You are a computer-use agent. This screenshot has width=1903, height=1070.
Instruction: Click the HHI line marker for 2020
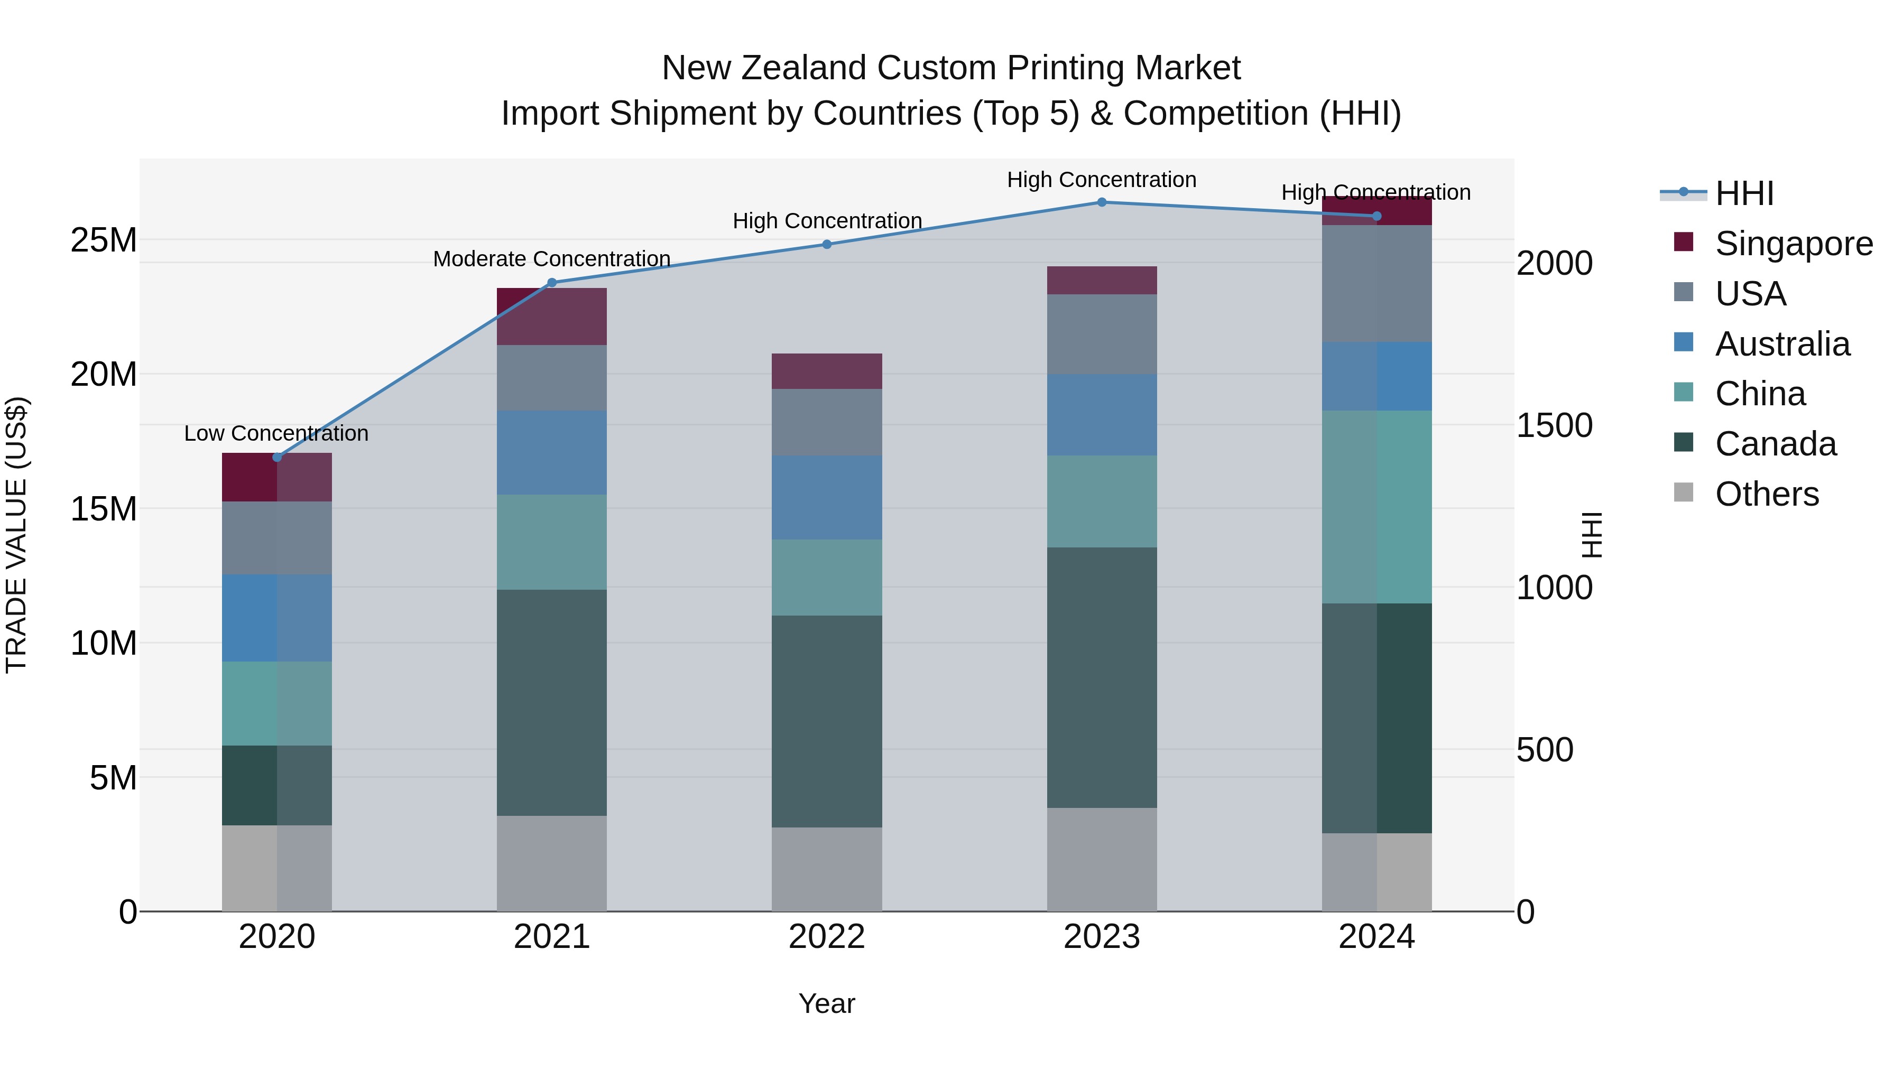click(277, 457)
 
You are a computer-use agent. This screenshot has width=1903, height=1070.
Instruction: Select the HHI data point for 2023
click(1102, 202)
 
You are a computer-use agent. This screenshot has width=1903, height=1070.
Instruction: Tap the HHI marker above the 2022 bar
click(827, 245)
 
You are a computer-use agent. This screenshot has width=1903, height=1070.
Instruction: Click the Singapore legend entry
click(1794, 244)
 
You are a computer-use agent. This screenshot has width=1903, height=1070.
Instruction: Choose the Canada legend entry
click(1775, 444)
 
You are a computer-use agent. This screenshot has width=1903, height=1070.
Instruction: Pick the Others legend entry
click(1766, 494)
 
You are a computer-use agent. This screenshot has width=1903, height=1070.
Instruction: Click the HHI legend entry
click(1743, 193)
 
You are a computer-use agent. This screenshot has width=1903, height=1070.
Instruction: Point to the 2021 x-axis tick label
click(552, 937)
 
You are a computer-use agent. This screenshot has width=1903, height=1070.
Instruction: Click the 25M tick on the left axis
click(104, 240)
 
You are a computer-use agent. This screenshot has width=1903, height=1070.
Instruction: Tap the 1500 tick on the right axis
click(1554, 425)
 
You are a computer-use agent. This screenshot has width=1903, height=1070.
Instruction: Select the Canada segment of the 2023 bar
click(1102, 677)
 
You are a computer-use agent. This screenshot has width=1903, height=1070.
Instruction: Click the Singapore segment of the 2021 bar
click(552, 316)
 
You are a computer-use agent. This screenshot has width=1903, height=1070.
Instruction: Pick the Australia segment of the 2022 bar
click(827, 497)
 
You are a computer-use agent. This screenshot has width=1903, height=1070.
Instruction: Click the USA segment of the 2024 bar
click(1377, 284)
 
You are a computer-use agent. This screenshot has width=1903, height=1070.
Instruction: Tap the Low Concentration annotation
click(276, 433)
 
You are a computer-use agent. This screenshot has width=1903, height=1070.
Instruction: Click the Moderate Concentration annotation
click(552, 259)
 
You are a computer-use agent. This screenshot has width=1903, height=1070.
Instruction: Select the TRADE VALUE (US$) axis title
click(17, 535)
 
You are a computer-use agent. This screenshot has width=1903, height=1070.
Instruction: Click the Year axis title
click(827, 1003)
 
